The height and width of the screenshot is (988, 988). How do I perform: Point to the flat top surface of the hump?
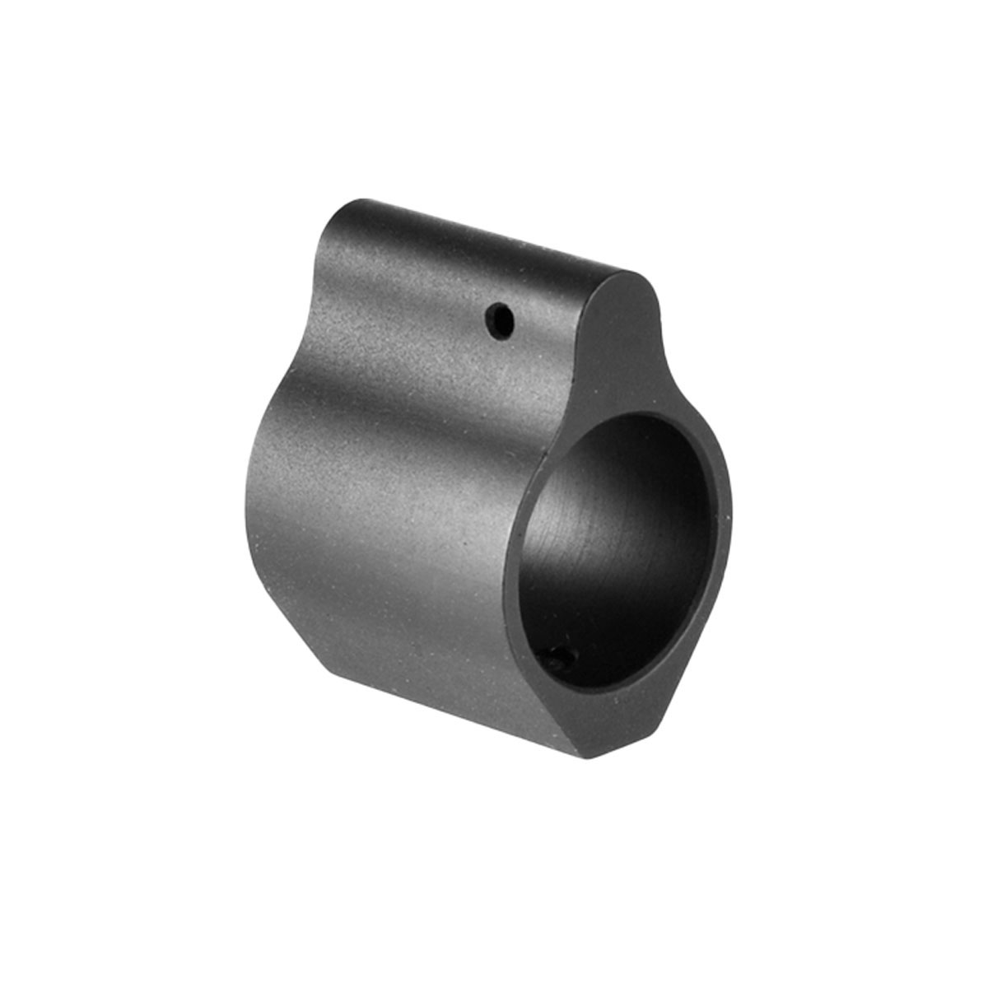click(494, 239)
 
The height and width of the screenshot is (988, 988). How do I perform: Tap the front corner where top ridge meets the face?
click(638, 276)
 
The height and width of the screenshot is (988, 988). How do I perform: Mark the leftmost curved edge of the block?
click(246, 510)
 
